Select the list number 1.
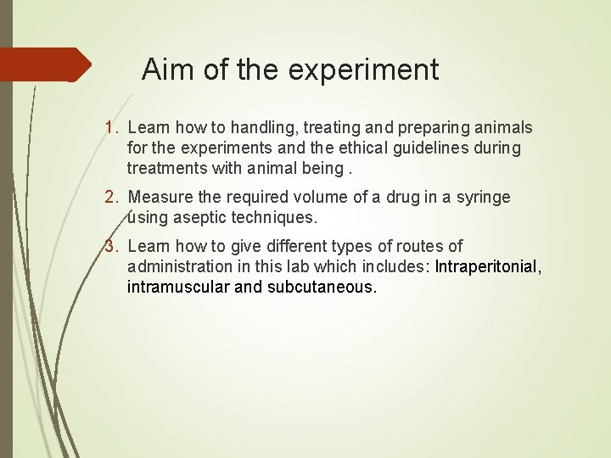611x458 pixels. point(110,128)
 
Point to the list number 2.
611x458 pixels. point(110,198)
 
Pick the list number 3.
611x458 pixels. point(110,247)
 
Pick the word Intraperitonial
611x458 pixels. point(486,267)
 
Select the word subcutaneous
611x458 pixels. point(320,288)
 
